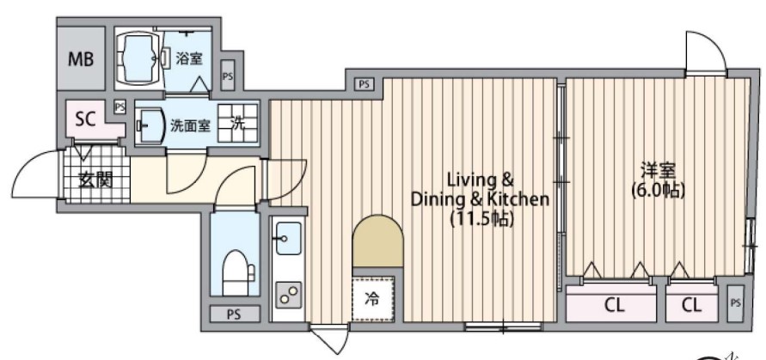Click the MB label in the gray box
[x=82, y=60]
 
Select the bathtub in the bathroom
[x=138, y=58]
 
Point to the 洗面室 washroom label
[x=189, y=125]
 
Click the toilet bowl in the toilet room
[x=236, y=274]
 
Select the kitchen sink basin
[x=287, y=235]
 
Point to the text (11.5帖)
[x=481, y=219]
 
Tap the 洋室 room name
[x=657, y=169]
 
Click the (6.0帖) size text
[x=657, y=191]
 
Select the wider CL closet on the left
[x=612, y=304]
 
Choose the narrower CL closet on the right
[x=690, y=304]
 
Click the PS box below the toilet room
[x=234, y=314]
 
